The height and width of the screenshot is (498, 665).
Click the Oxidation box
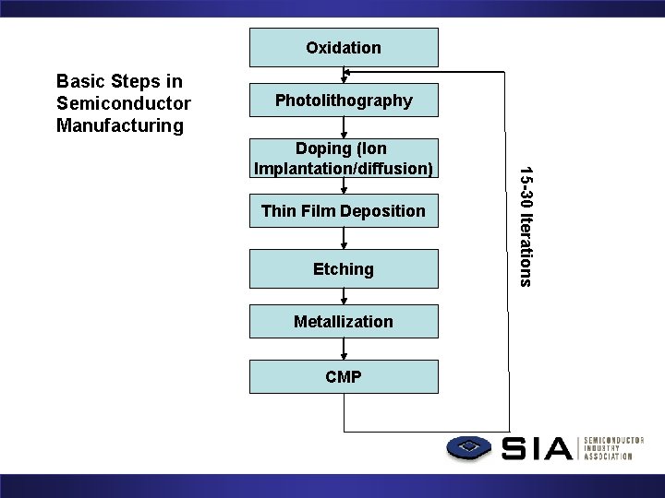pos(344,47)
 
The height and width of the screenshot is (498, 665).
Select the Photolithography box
pos(344,101)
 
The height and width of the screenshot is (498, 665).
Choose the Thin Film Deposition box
pos(344,211)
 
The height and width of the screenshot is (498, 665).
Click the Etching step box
pos(344,268)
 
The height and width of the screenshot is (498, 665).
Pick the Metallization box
pos(344,321)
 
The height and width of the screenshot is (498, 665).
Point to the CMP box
pos(344,376)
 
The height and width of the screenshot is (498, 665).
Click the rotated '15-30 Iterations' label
pos(524,225)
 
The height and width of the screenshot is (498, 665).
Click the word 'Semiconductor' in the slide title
pos(123,102)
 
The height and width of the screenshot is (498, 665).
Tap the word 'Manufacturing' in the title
pos(120,125)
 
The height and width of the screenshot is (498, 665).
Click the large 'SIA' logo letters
pos(538,449)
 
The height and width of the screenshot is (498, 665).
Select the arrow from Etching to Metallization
pos(344,297)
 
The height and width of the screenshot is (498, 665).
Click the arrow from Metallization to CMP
pos(344,350)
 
